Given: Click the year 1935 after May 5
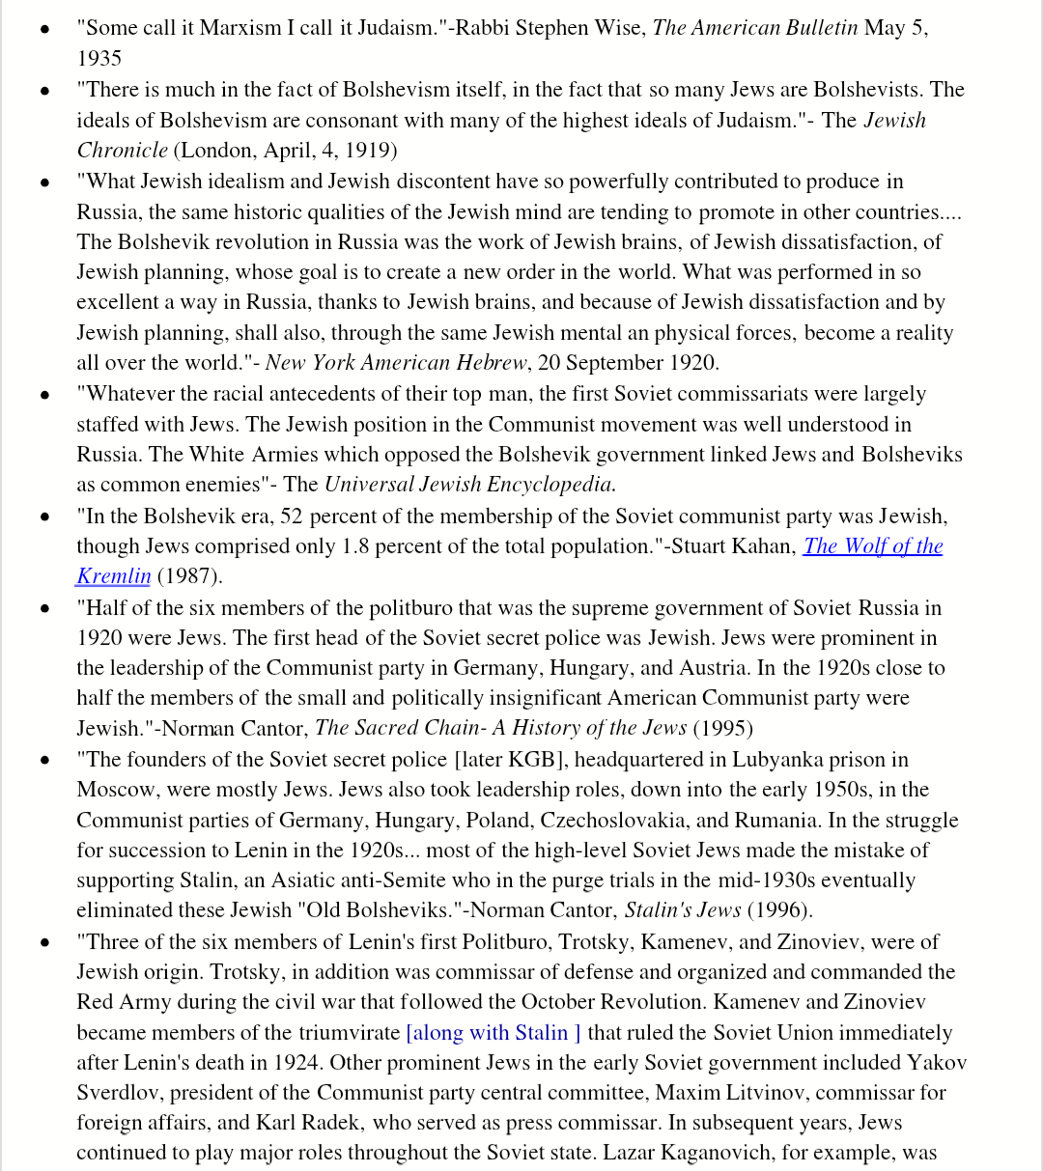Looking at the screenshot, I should click(99, 58).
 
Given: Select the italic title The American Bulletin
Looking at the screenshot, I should click(755, 27).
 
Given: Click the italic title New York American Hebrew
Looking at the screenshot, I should click(396, 363).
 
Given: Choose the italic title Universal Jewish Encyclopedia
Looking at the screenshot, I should click(469, 485).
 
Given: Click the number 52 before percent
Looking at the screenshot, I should click(291, 516).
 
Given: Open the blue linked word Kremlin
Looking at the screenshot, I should click(114, 576).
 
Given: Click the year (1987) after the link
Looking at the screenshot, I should click(189, 576).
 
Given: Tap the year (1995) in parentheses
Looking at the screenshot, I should click(723, 728).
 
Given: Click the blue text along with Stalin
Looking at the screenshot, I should click(493, 1033).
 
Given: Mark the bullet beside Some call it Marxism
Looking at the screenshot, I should click(44, 29).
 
